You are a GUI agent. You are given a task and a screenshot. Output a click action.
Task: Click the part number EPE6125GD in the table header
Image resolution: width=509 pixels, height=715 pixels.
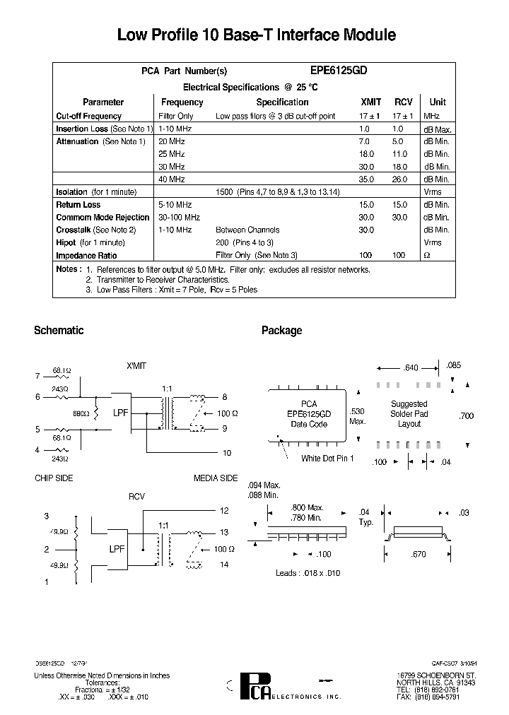pos(339,71)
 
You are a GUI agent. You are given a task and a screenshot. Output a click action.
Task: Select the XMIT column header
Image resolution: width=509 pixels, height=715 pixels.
pos(370,102)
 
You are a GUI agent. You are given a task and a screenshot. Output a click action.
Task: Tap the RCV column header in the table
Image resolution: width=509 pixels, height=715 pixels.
pos(403,102)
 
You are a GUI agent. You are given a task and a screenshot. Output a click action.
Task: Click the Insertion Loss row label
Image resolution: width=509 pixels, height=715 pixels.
pos(82,129)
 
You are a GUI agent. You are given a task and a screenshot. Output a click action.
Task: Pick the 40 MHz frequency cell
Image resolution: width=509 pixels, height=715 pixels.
pos(172,179)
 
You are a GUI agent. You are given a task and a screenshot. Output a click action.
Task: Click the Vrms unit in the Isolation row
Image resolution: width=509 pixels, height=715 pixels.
pos(432,192)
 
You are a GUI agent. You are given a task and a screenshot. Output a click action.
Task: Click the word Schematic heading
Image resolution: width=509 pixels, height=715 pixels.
pos(59,331)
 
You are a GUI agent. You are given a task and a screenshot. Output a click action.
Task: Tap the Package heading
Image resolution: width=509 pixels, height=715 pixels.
pos(281,331)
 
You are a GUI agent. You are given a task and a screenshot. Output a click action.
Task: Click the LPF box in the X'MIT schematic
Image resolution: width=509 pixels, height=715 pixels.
pos(121,412)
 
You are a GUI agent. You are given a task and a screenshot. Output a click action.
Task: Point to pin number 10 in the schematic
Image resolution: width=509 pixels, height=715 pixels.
pos(227,452)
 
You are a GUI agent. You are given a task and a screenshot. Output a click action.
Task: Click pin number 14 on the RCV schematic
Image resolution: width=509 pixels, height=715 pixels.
pos(225,565)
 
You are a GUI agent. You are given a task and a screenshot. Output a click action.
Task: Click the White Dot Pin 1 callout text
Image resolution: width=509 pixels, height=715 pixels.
pos(327,459)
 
